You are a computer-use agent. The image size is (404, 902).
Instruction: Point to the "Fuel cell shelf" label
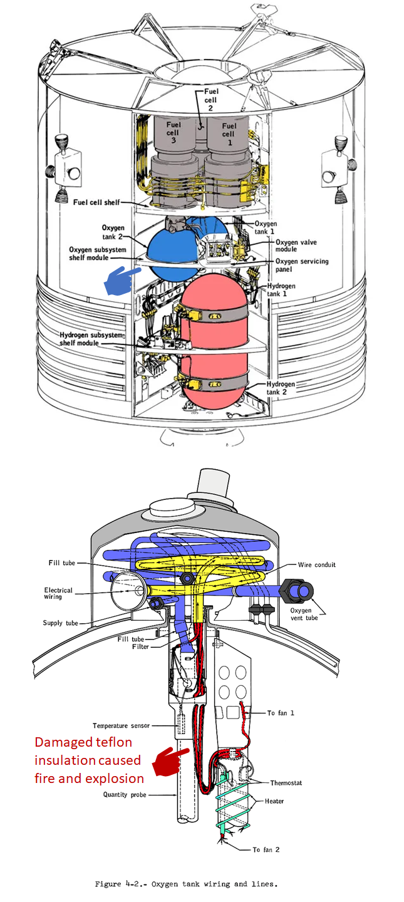[97, 202]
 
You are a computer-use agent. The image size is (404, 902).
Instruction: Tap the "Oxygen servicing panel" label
[302, 266]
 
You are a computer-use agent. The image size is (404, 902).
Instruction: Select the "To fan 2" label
[266, 849]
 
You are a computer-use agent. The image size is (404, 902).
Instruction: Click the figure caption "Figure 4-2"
[125, 884]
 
